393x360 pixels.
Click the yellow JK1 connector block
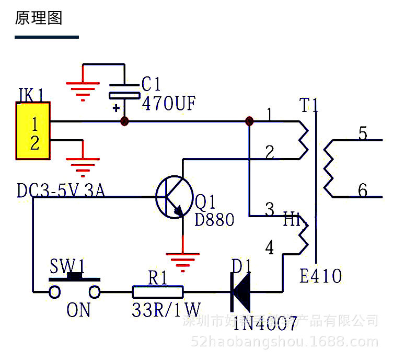click(33, 131)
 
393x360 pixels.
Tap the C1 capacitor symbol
click(124, 92)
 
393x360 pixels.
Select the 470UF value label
click(168, 104)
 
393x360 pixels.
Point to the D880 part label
click(214, 220)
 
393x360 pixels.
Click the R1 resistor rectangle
click(158, 291)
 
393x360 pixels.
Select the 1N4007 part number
click(265, 324)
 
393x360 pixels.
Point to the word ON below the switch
click(78, 310)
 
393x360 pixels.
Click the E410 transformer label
click(320, 276)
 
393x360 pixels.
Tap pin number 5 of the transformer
click(362, 134)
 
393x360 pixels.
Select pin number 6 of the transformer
click(362, 190)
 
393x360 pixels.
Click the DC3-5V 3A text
click(61, 191)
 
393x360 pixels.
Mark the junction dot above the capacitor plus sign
click(124, 121)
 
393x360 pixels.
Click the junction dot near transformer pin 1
click(249, 121)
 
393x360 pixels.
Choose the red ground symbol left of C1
click(83, 89)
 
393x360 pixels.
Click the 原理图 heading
click(39, 19)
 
